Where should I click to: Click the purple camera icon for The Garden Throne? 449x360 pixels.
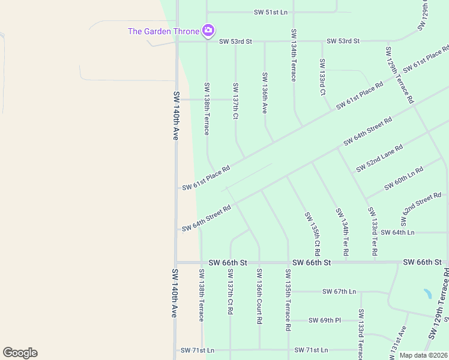coord(208,30)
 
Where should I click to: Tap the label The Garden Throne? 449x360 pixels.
coord(163,31)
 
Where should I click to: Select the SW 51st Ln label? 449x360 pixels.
coord(271,12)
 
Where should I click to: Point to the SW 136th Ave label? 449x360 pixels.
coord(264,93)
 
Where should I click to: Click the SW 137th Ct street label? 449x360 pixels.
coord(236,101)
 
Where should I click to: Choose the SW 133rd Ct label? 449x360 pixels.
coord(322,77)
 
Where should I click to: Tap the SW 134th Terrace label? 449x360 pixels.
coord(294,55)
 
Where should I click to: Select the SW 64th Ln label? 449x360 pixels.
coord(397,232)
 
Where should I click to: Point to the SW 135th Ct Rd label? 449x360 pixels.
coord(312,233)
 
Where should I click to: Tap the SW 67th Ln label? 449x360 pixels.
coord(339,292)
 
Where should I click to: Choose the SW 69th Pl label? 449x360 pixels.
coord(324,320)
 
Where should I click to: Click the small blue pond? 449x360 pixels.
coord(427,294)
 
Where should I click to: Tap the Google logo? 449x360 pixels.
coord(20,353)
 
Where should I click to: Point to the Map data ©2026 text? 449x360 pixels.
coord(423,355)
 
